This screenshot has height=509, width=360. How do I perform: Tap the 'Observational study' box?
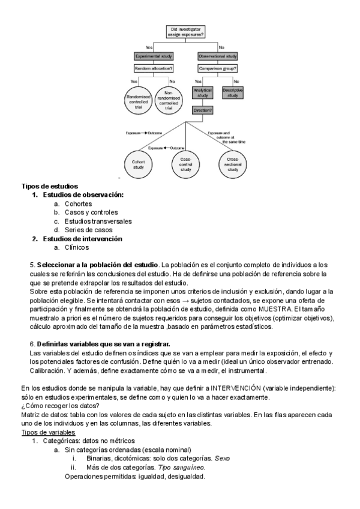[x=218, y=56]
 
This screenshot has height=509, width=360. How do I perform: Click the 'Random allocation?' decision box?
[x=154, y=68]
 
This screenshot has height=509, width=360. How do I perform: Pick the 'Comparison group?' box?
[x=218, y=68]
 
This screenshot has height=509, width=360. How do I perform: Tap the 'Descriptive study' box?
[x=232, y=93]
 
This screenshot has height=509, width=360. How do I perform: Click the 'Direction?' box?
[x=203, y=110]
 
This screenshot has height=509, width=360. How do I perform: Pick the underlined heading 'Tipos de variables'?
[x=49, y=432]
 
